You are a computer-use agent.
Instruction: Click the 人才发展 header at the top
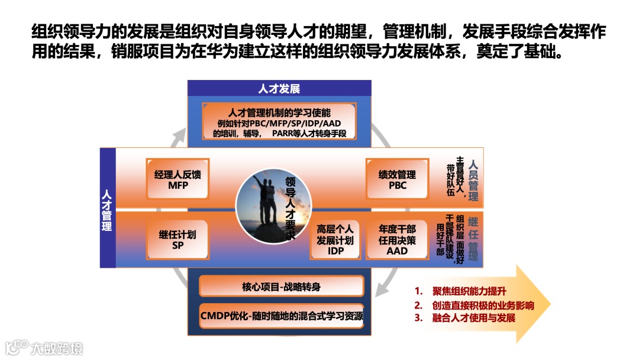coord(279,89)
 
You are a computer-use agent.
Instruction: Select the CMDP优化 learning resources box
coord(281,315)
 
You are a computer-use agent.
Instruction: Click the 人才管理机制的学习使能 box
coord(279,122)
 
